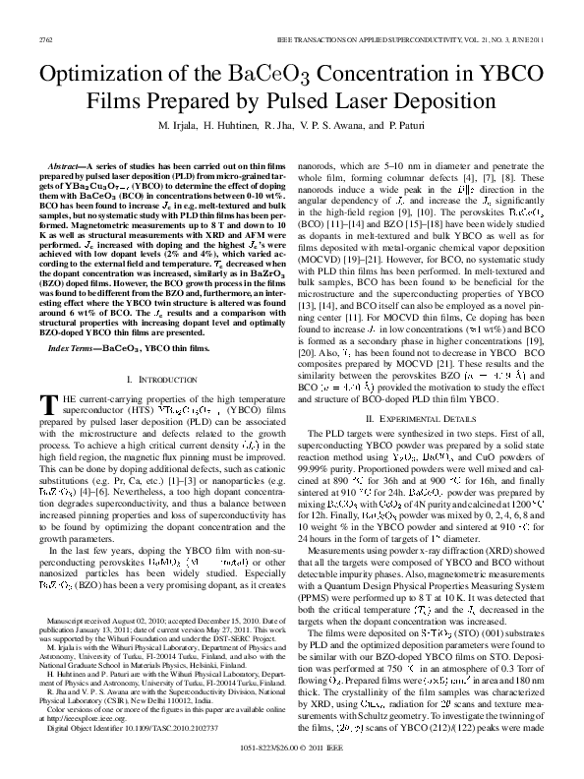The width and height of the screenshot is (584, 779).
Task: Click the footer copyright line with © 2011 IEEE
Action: point(291,760)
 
